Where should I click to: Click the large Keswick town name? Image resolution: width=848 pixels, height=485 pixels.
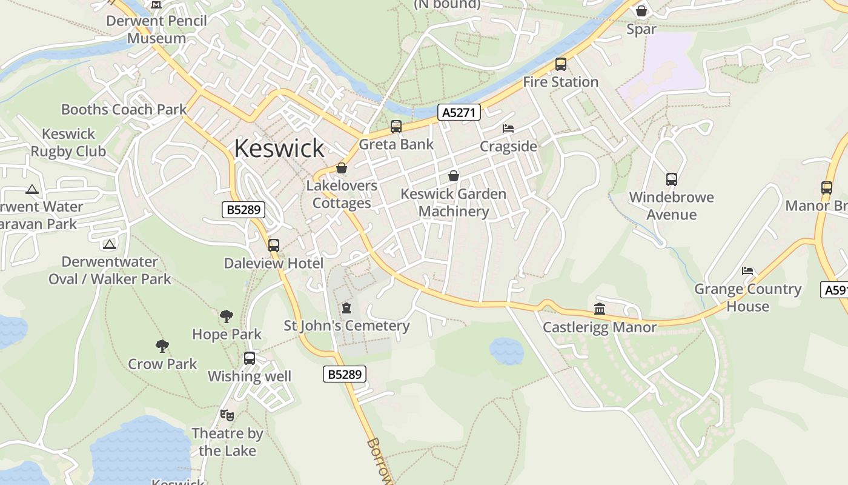click(x=279, y=149)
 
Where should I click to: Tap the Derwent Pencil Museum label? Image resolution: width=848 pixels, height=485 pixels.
click(x=157, y=29)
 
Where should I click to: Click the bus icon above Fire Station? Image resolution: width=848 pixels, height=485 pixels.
click(x=561, y=64)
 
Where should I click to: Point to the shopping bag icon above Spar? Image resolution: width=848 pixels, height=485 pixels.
click(x=641, y=10)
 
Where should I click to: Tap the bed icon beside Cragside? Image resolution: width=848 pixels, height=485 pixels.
click(x=508, y=129)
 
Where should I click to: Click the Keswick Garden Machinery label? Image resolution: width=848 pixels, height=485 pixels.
click(x=454, y=202)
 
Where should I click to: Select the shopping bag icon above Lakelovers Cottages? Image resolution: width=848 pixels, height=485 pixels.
click(x=342, y=168)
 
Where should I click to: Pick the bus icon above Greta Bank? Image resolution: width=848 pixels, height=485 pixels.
click(x=396, y=126)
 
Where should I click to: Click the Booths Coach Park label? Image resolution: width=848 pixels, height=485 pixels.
click(x=124, y=110)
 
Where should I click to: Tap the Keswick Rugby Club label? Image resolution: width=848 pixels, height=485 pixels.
click(x=68, y=142)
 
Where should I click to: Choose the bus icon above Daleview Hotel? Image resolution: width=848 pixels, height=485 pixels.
click(x=274, y=245)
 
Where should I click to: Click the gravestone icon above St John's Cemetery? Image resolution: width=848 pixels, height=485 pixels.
click(x=346, y=308)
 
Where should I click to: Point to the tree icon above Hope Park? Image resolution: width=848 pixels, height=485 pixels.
click(x=227, y=316)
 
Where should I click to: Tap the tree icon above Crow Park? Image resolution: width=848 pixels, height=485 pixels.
click(x=162, y=346)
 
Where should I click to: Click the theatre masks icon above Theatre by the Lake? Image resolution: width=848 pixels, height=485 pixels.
click(x=227, y=415)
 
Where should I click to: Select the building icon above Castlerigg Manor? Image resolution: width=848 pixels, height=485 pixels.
click(x=600, y=309)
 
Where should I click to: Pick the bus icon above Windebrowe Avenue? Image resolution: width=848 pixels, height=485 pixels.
click(x=671, y=179)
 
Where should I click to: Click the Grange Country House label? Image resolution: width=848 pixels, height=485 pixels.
click(x=747, y=297)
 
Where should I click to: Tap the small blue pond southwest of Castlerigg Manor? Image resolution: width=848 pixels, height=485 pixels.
click(x=506, y=350)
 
